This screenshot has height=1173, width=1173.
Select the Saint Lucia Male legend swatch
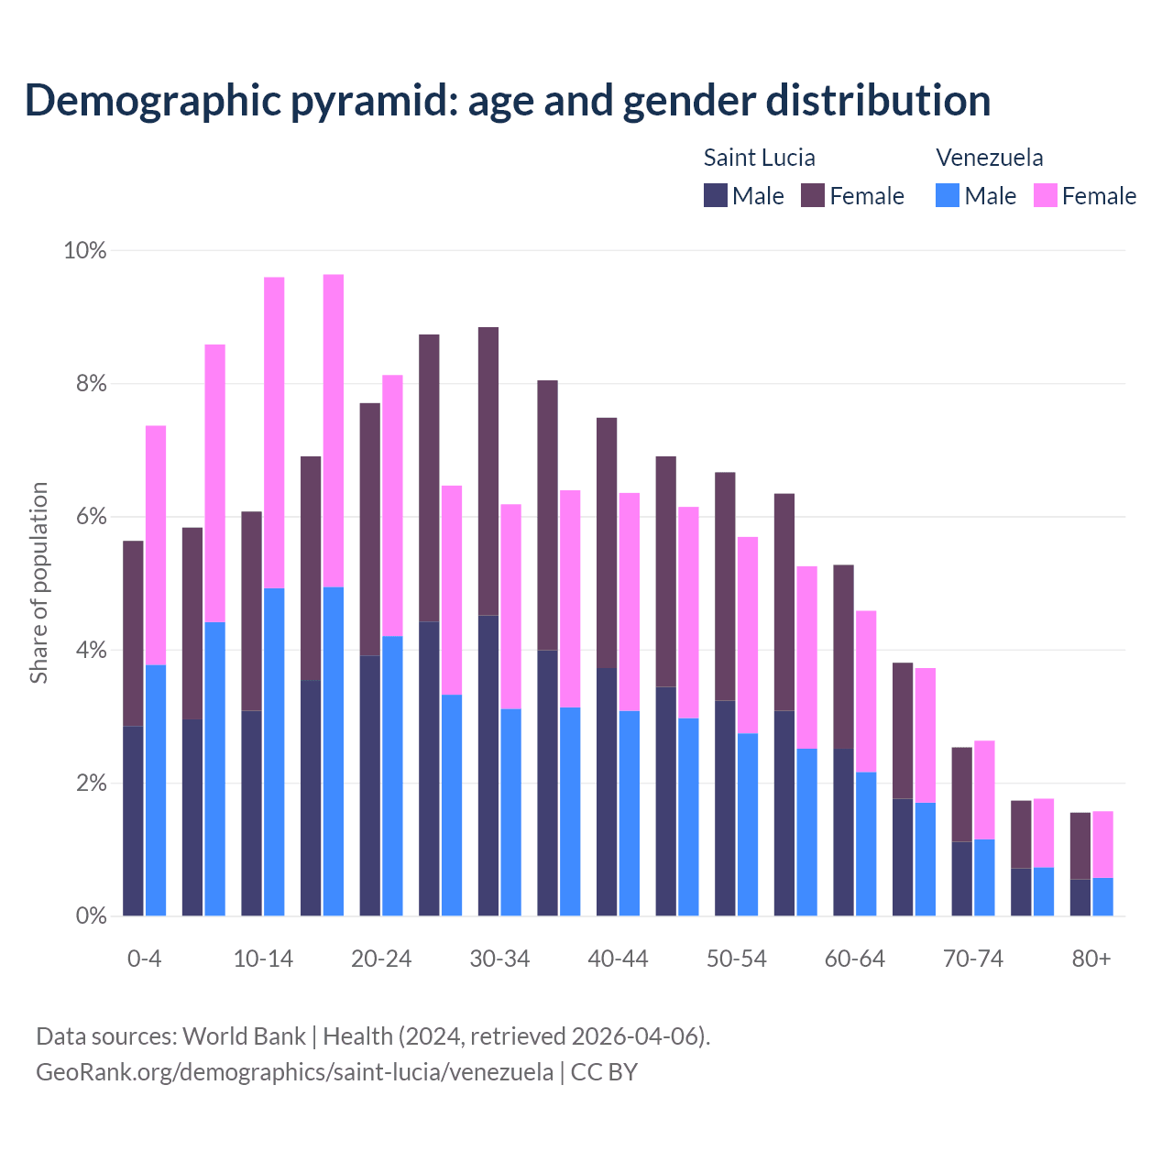[716, 195]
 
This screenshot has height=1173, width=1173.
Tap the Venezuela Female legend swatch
[1046, 195]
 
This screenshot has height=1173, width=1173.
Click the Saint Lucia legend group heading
[759, 158]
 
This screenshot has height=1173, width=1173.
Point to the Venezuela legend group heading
[989, 158]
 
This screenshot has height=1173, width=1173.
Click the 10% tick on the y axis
[84, 250]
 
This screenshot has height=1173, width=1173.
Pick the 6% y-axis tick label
[91, 517]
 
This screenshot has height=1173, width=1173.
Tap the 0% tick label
[91, 915]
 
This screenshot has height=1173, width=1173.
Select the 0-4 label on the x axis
[144, 959]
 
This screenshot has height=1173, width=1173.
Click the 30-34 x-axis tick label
[499, 959]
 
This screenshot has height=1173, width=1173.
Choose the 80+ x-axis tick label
[1091, 959]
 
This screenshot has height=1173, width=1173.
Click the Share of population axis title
[38, 583]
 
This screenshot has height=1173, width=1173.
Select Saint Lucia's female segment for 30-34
[488, 471]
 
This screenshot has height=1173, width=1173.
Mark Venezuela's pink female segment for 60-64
[866, 691]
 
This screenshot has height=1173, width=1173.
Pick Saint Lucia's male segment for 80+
[1080, 897]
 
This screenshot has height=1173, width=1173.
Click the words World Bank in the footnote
[244, 1036]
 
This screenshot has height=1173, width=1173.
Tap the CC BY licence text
[604, 1072]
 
